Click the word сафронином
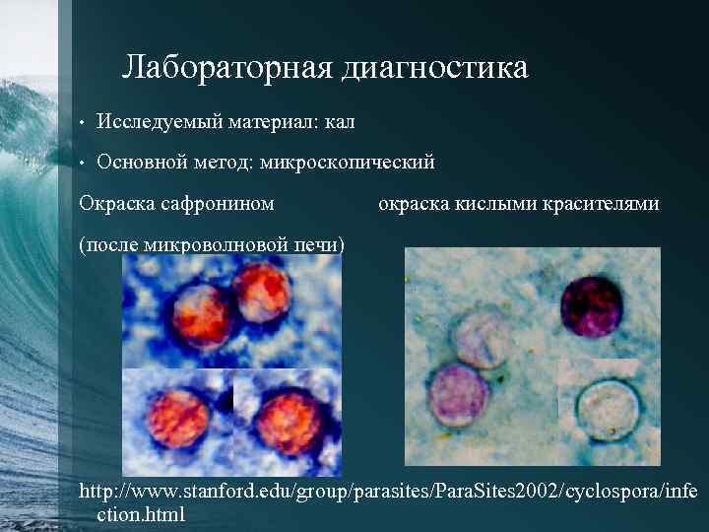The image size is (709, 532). coord(219,204)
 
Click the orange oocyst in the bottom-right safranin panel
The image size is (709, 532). coord(287,419)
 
